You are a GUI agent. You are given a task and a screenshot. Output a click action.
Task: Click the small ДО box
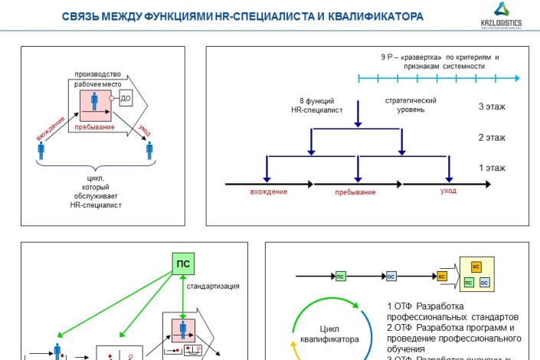click(126, 99)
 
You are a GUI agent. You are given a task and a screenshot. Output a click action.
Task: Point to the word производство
click(97, 74)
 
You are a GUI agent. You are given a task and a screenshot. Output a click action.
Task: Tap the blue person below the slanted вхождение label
click(41, 150)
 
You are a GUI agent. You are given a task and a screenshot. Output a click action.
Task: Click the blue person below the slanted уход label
click(150, 150)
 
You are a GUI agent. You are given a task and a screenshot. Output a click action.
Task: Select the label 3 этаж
click(492, 107)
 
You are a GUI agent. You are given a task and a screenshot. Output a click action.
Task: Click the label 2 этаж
click(492, 137)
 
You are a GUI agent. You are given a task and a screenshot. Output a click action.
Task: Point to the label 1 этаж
click(492, 166)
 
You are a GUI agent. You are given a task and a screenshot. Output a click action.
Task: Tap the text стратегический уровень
click(410, 105)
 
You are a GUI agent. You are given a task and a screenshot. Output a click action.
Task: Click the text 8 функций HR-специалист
click(316, 105)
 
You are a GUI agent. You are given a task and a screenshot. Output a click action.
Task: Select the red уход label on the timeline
click(448, 191)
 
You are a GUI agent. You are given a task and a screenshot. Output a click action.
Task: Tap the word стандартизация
click(214, 286)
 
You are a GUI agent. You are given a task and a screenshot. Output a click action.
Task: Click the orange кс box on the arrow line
click(442, 276)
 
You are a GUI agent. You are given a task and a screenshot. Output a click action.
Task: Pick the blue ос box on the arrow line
click(391, 276)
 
